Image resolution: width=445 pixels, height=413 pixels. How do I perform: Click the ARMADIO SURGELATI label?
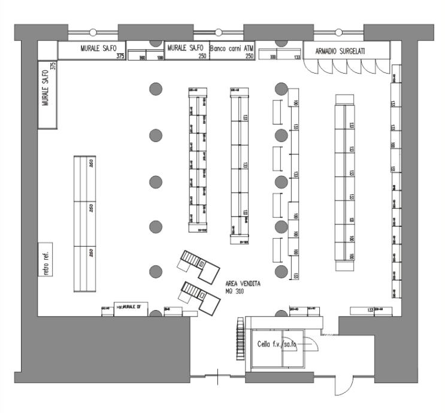point(340,52)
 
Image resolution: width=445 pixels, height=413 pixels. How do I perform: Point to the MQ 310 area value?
point(235,291)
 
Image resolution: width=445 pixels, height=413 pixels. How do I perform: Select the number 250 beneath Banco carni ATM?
point(250,56)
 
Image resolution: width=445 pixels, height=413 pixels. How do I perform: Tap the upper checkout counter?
point(200,263)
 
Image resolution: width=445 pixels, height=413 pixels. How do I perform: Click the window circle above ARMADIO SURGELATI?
point(338,32)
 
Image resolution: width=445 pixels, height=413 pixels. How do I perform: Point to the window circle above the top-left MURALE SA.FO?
point(93,32)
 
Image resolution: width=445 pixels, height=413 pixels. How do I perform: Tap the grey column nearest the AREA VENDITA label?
point(281,272)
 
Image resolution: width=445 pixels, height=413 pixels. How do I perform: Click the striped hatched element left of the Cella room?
point(241,335)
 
